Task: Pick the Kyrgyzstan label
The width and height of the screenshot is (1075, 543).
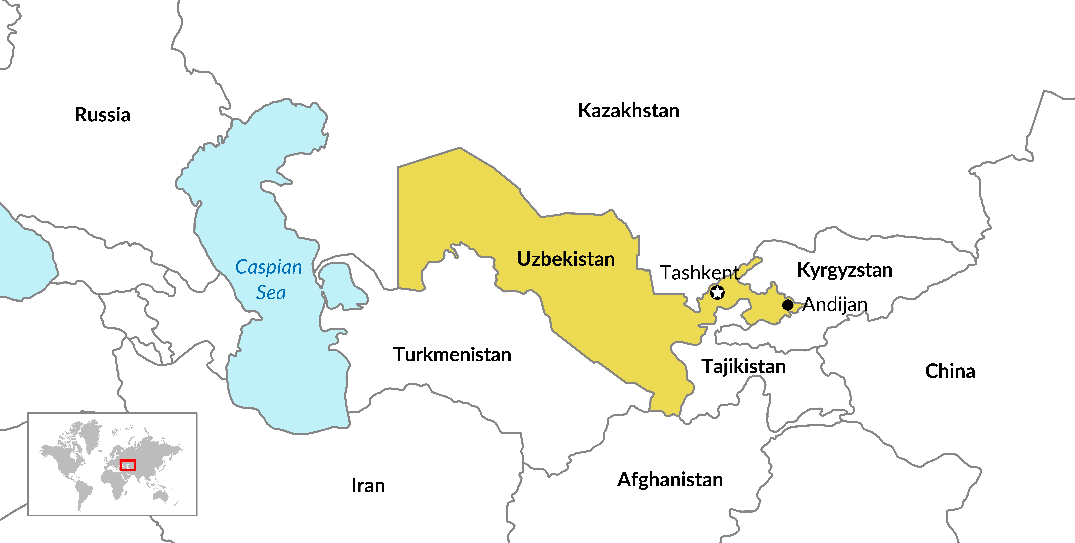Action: (x=845, y=270)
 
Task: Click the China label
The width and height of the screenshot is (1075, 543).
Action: (x=950, y=371)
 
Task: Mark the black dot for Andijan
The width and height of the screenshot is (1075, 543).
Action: (x=787, y=305)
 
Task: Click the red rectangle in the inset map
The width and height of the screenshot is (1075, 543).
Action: (x=128, y=465)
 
